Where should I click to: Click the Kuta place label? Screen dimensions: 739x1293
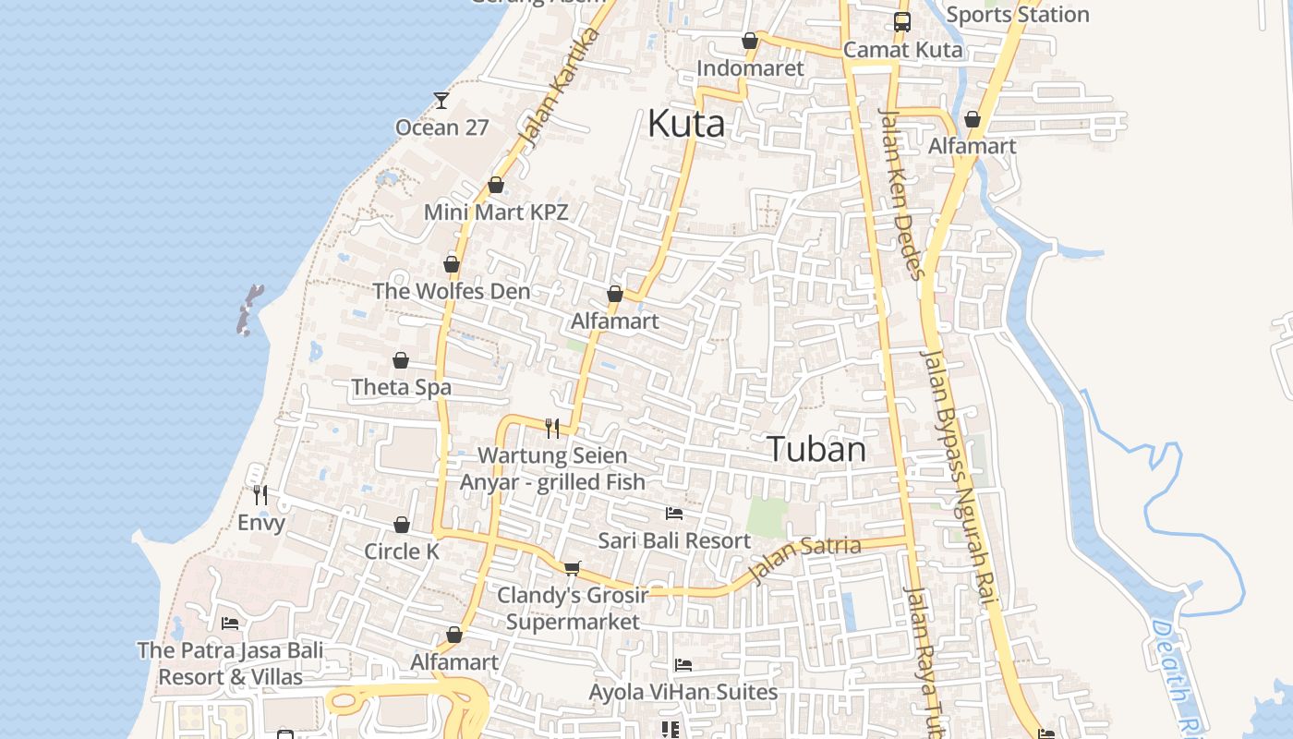(x=685, y=124)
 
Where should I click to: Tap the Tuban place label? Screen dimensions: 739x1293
(x=816, y=450)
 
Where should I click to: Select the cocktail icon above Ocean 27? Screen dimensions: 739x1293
(x=441, y=100)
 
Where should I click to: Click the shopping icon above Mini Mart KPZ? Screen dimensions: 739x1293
(x=496, y=185)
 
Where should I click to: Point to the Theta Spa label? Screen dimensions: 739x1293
(x=401, y=387)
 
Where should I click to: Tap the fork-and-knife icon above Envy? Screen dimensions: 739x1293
(x=260, y=495)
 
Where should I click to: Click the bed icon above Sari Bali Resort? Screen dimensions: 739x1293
(x=674, y=513)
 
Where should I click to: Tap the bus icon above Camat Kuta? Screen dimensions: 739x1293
(x=901, y=22)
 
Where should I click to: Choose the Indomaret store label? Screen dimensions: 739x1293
(x=750, y=68)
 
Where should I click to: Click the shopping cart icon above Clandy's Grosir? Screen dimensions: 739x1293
(x=573, y=567)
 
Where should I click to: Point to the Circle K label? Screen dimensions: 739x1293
(x=402, y=551)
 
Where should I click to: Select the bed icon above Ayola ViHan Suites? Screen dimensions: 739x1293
(x=683, y=664)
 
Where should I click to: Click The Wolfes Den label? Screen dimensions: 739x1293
(x=451, y=291)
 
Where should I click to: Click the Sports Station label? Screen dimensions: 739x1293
(x=1018, y=15)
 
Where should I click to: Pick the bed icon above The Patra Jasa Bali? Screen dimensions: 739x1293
(x=230, y=624)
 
